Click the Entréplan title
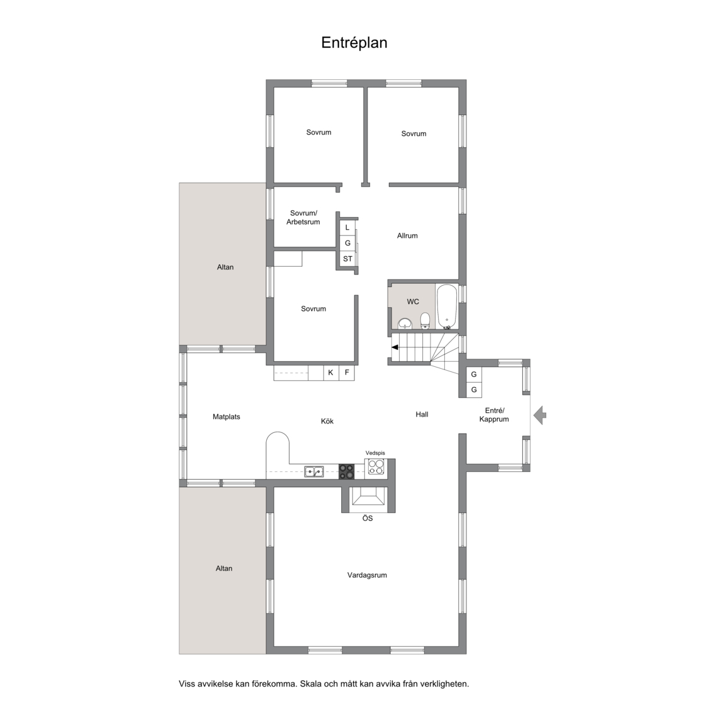click(x=354, y=43)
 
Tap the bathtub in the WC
click(x=447, y=306)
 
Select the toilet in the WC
click(x=425, y=321)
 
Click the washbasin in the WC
click(x=405, y=323)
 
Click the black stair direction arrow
click(x=395, y=347)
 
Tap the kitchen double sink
click(x=314, y=472)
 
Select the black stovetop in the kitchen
click(x=346, y=471)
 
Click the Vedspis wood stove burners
click(x=376, y=467)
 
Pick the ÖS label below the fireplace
click(x=368, y=519)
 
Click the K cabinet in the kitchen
click(x=330, y=373)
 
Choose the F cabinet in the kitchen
click(x=347, y=373)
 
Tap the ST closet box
click(x=347, y=259)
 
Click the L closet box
click(x=347, y=227)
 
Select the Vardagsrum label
click(x=367, y=576)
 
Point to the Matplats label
click(x=227, y=417)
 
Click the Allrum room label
click(x=407, y=236)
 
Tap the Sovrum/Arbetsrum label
click(x=303, y=218)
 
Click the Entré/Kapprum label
click(x=494, y=415)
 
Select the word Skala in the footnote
click(x=311, y=684)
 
